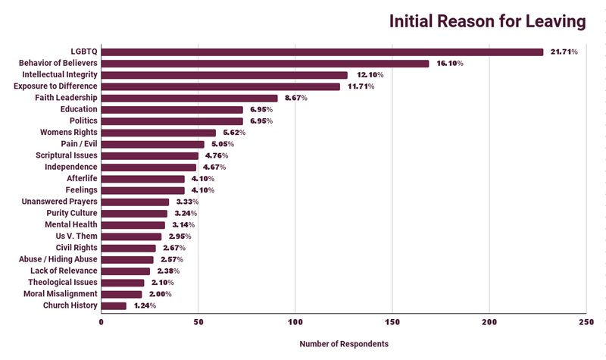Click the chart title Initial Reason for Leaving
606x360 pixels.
(x=487, y=21)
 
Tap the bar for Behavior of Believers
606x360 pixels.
(x=265, y=64)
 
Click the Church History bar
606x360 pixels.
(x=114, y=305)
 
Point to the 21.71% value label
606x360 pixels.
(x=564, y=52)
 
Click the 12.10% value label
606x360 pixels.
(x=370, y=75)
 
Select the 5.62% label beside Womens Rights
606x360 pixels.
(x=237, y=133)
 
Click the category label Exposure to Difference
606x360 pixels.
(x=55, y=86)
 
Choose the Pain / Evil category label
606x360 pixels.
(x=79, y=144)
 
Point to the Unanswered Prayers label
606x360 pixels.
(x=59, y=202)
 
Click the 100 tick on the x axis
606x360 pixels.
(x=295, y=321)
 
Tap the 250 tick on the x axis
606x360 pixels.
(x=586, y=321)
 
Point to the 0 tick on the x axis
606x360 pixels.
(x=102, y=321)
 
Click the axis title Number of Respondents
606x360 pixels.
(x=344, y=343)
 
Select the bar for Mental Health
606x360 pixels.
(x=133, y=225)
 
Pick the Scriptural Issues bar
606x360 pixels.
(x=150, y=155)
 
